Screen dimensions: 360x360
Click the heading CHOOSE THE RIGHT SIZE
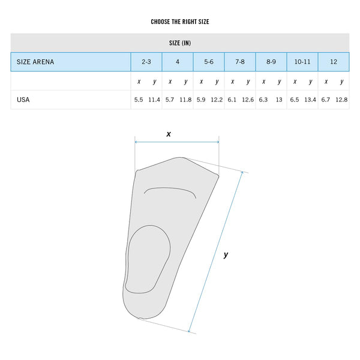[x=180, y=22]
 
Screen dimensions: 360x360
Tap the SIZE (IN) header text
[x=180, y=43]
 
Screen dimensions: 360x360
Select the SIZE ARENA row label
[x=35, y=62]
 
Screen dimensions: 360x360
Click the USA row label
[x=23, y=100]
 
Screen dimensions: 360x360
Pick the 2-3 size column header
[x=146, y=62]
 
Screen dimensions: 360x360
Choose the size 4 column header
[x=178, y=62]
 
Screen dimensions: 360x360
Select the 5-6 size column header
[x=209, y=62]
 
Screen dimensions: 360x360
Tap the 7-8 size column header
[x=240, y=62]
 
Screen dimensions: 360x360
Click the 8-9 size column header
[x=271, y=62]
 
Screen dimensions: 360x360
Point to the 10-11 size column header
[x=302, y=62]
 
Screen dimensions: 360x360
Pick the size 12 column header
[x=334, y=62]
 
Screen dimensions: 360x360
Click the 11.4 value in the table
[x=154, y=100]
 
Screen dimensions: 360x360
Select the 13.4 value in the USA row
[x=310, y=100]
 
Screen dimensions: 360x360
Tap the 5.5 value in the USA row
[x=139, y=100]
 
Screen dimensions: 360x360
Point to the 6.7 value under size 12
[x=326, y=100]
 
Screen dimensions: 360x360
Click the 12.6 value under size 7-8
[x=248, y=100]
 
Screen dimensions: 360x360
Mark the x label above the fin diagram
[x=169, y=134]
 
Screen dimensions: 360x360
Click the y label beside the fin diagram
[x=226, y=254]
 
